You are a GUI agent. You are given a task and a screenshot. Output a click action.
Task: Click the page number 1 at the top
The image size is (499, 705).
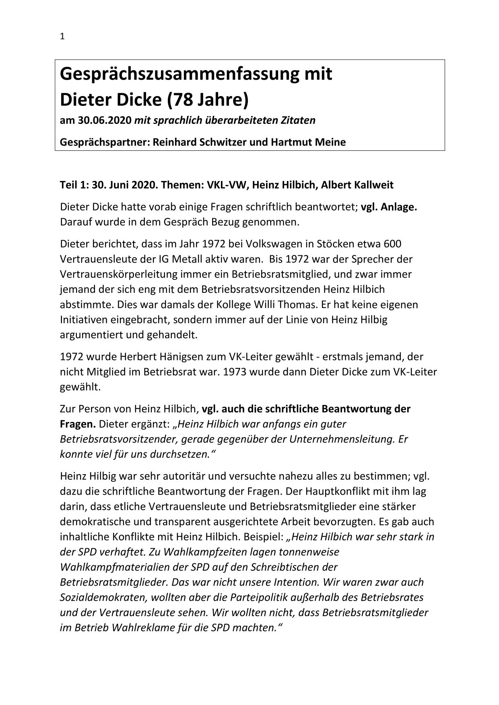(62, 37)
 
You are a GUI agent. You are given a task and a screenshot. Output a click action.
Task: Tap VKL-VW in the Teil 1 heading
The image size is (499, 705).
(226, 185)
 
